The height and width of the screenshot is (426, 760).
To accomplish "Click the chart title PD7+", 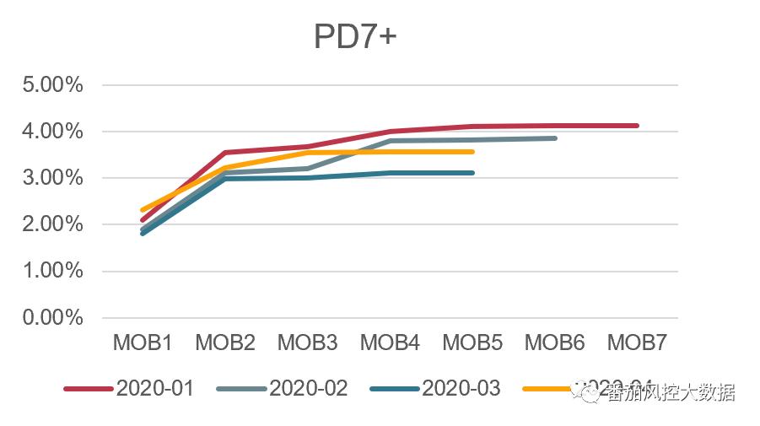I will [354, 37].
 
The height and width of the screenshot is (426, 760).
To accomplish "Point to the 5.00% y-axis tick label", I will [53, 85].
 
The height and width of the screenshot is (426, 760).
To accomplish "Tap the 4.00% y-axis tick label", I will [53, 132].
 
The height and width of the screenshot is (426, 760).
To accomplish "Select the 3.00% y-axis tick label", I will [53, 178].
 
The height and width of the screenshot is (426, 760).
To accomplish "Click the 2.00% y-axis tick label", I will [53, 224].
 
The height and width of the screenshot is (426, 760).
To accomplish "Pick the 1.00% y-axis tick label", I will [53, 271].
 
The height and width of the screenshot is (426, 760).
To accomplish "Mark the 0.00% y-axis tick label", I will [53, 318].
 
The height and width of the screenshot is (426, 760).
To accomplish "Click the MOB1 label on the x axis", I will [143, 342].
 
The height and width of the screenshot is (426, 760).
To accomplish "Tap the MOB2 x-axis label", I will [225, 342].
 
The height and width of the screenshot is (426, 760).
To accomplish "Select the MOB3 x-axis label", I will [308, 342].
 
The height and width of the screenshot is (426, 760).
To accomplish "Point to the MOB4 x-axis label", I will [390, 342].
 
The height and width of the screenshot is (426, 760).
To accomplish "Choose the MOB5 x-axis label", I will [472, 342].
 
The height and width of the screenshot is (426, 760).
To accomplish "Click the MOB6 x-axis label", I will [555, 342].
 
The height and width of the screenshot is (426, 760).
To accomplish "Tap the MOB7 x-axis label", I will [638, 342].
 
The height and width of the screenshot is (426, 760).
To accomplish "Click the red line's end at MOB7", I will [637, 126].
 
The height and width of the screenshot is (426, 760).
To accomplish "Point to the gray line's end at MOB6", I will [554, 138].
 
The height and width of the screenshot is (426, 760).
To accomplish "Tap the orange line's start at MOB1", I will [143, 209].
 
